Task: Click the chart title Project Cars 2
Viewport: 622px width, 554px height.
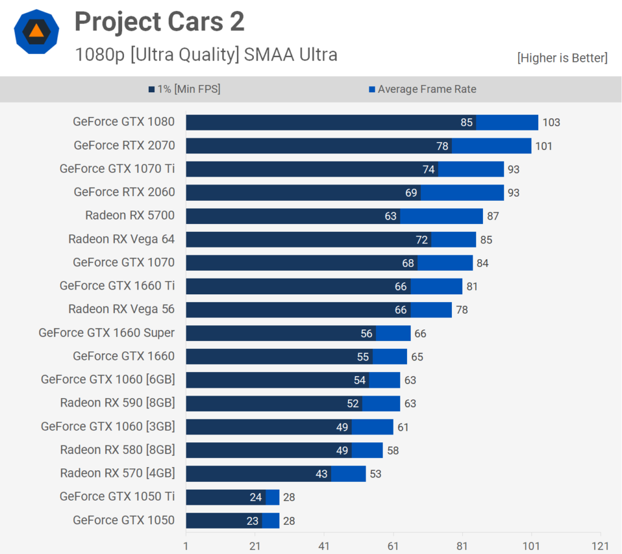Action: tap(159, 21)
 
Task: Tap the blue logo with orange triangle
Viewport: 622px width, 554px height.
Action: tap(36, 32)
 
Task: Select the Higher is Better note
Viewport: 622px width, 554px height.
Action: tap(562, 58)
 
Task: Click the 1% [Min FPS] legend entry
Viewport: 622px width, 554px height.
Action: tap(185, 89)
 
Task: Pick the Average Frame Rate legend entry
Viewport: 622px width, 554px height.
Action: tap(423, 89)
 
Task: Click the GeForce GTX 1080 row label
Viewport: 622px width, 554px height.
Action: tap(124, 121)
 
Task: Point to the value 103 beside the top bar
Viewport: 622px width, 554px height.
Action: tap(551, 123)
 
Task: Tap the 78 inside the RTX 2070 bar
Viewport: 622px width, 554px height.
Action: tap(442, 146)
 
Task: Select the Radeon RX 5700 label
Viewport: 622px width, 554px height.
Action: tap(130, 215)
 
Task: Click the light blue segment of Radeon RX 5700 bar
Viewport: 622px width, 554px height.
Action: tap(442, 216)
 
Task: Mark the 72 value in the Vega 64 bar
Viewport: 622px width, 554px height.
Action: tap(422, 240)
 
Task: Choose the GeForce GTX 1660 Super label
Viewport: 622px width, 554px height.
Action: tap(107, 333)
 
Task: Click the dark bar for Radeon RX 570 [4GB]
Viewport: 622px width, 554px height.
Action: tap(259, 473)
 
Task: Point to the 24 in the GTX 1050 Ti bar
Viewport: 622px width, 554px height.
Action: tap(256, 498)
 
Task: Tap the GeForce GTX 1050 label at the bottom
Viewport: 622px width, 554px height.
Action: tap(124, 520)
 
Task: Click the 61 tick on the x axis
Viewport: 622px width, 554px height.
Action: tap(393, 546)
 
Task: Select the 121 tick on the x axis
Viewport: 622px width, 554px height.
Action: tap(600, 546)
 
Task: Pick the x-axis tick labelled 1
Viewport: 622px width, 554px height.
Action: tap(186, 546)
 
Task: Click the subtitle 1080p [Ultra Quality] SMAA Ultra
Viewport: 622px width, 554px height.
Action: tap(207, 55)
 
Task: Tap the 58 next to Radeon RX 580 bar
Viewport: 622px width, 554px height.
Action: tap(393, 451)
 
